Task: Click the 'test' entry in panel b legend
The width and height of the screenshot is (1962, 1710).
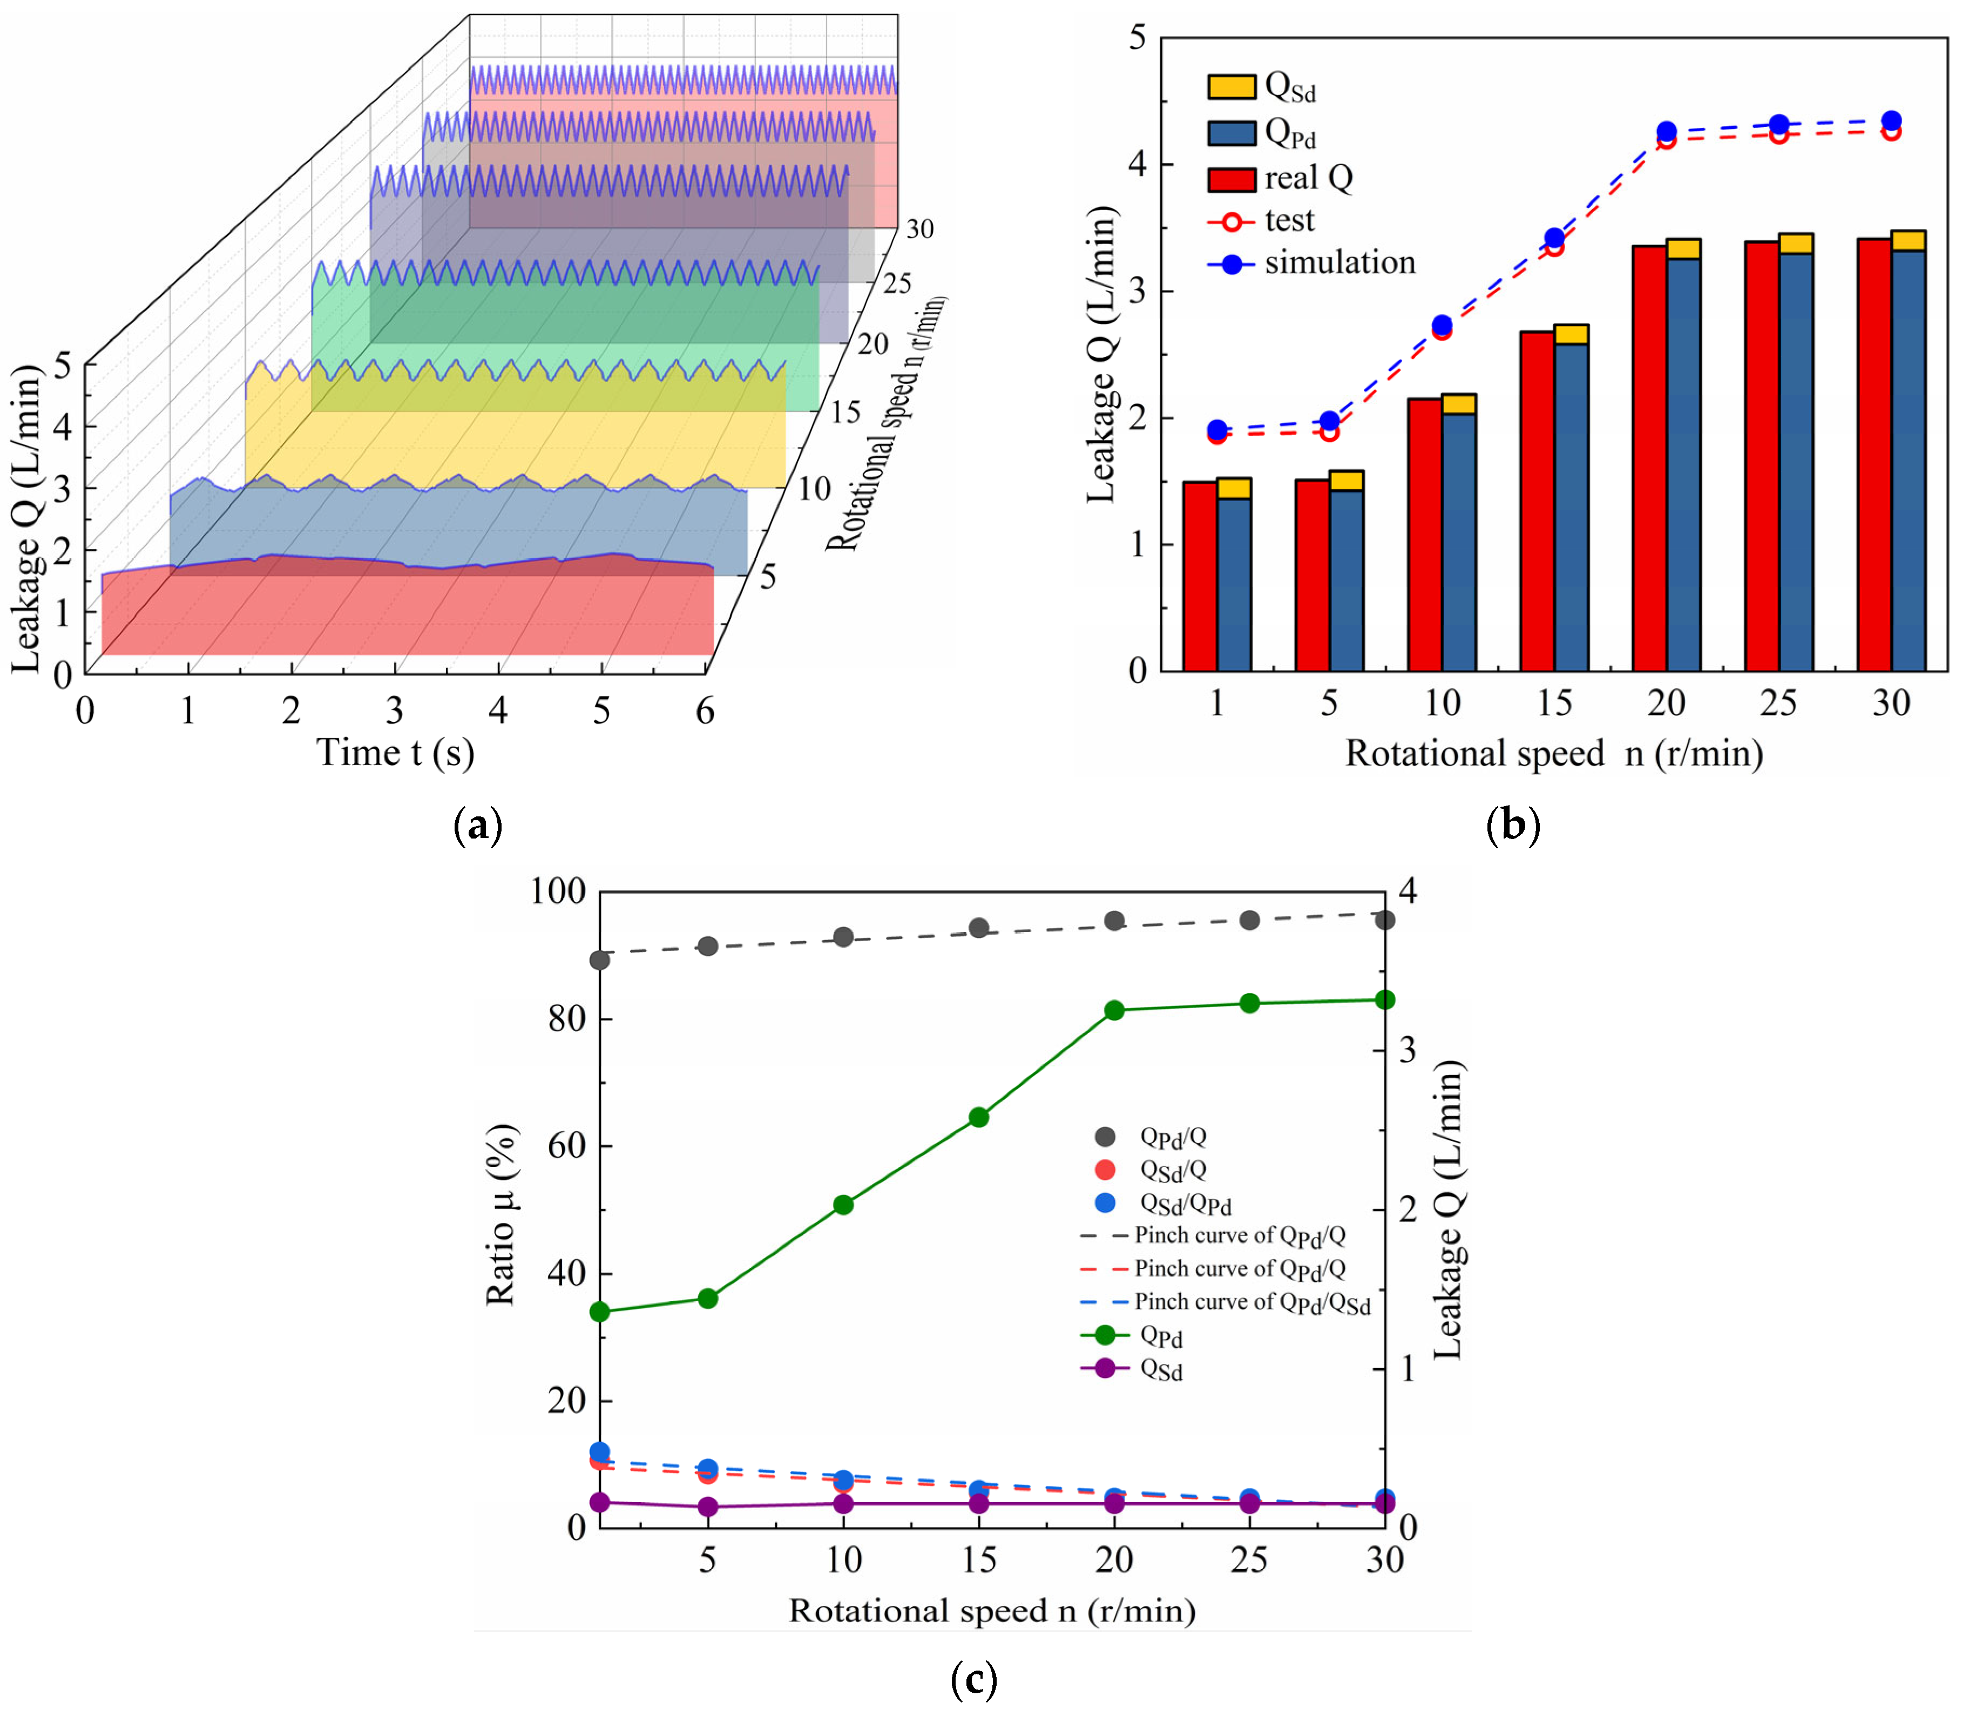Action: tap(1288, 220)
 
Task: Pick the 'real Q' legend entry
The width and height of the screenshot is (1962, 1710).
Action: tap(1307, 178)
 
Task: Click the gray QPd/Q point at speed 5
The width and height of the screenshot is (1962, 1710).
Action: tap(708, 947)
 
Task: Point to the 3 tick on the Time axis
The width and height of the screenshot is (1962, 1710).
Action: tap(394, 711)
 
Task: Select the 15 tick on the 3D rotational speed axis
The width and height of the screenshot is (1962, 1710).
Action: tap(843, 413)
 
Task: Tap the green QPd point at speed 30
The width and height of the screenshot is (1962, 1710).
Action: tap(1385, 1000)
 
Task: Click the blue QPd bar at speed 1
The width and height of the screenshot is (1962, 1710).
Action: tap(1234, 584)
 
